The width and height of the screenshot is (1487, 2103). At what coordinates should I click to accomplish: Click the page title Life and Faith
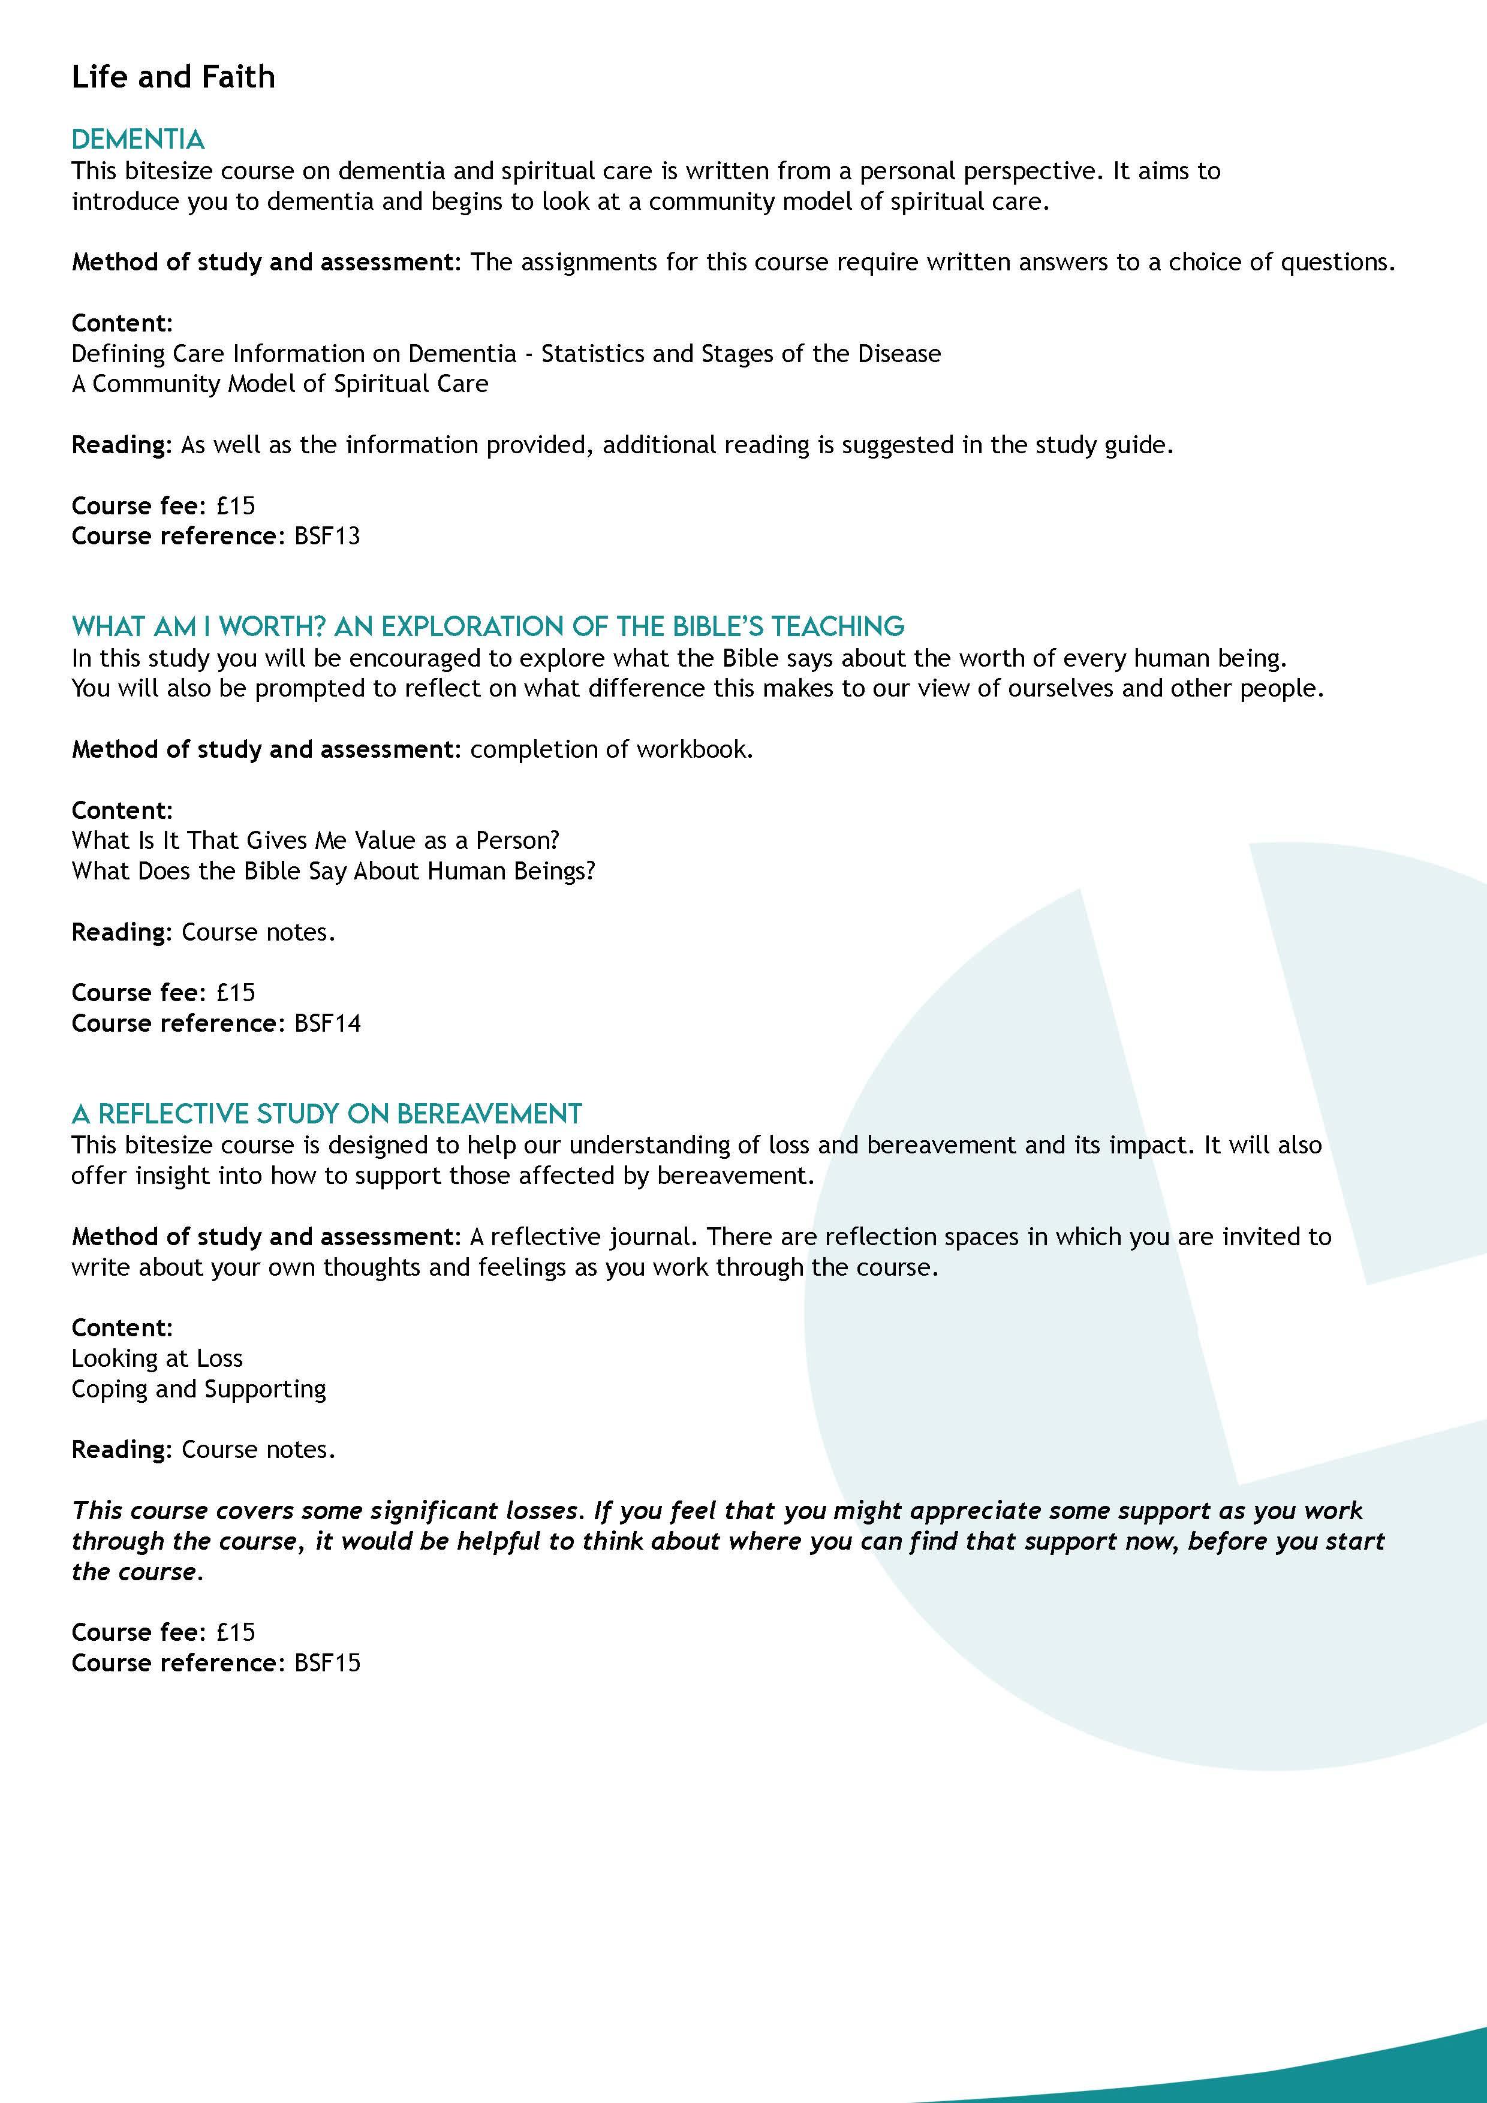pyautogui.click(x=173, y=77)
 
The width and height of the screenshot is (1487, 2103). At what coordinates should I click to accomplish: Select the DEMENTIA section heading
pyautogui.click(x=137, y=139)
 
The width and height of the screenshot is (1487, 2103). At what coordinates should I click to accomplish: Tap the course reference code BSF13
pyautogui.click(x=327, y=536)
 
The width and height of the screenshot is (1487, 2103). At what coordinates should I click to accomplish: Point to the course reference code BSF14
pyautogui.click(x=327, y=1023)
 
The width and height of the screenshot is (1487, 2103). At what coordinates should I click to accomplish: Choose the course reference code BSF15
pyautogui.click(x=327, y=1662)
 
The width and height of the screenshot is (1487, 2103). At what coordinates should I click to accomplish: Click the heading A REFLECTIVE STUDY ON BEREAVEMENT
pyautogui.click(x=326, y=1114)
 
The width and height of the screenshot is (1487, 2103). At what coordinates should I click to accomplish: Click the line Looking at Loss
pyautogui.click(x=156, y=1358)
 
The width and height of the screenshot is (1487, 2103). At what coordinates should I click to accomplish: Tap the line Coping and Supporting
pyautogui.click(x=199, y=1388)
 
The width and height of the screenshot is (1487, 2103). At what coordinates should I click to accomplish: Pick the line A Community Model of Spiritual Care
pyautogui.click(x=279, y=384)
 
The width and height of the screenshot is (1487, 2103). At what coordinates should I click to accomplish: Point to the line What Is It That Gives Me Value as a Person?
pyautogui.click(x=315, y=840)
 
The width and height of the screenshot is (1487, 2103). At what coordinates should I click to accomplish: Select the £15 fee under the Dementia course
pyautogui.click(x=236, y=505)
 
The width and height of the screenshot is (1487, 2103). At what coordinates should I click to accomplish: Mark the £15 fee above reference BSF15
pyautogui.click(x=236, y=1632)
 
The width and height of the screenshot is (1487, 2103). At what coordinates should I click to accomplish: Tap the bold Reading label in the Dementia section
pyautogui.click(x=121, y=445)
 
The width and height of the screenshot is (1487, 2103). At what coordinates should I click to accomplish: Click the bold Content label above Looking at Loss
pyautogui.click(x=122, y=1327)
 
